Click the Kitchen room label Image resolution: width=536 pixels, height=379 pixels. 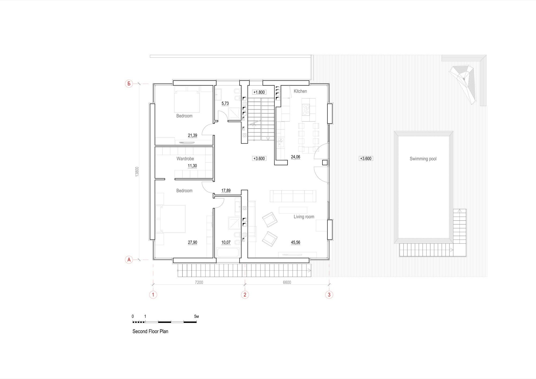(300, 91)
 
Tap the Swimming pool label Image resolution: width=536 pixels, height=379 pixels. (423, 159)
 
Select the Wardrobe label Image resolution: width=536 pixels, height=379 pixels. (185, 159)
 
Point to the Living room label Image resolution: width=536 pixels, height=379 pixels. (304, 217)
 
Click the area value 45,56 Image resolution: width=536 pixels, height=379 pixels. (296, 242)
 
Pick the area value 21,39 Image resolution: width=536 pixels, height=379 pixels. (192, 135)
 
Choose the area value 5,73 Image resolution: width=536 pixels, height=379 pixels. (225, 103)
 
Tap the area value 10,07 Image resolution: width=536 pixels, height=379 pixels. (226, 242)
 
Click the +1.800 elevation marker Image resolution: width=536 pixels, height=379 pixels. (259, 92)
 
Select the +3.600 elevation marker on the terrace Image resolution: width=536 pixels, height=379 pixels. (366, 158)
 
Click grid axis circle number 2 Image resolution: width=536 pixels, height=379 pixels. (245, 295)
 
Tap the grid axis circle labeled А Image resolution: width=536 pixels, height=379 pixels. (129, 259)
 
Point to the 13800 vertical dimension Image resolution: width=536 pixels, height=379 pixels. (137, 172)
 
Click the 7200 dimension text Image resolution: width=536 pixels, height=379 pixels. (199, 282)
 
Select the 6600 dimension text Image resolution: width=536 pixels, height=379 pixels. (287, 282)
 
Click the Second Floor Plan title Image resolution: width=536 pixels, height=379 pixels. (150, 331)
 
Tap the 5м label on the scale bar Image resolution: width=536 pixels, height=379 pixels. (196, 317)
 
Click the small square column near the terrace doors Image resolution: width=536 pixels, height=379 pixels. (325, 162)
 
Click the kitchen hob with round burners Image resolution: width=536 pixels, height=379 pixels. (306, 110)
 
